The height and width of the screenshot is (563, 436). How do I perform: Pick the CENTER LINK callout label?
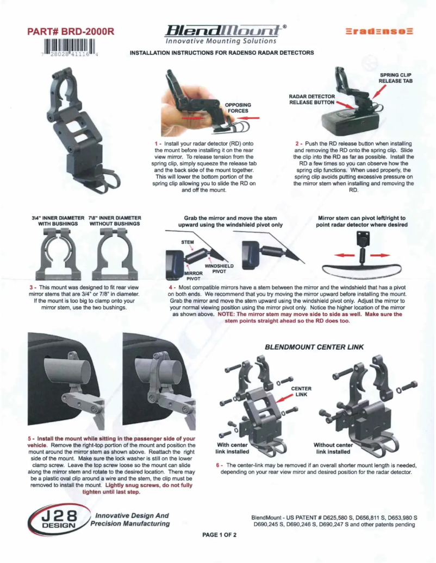click(x=301, y=391)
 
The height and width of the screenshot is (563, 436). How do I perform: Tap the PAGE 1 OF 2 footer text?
click(x=219, y=535)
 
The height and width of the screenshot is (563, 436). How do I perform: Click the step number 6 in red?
click(x=218, y=465)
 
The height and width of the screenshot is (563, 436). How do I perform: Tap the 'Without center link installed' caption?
click(x=333, y=448)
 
